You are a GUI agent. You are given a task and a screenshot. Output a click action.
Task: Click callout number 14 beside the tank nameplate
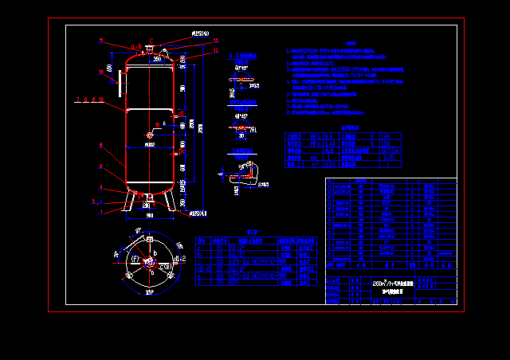coord(101,72)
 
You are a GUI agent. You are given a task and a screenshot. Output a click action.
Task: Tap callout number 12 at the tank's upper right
coord(215,50)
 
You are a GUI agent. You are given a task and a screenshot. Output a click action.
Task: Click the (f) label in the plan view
coord(134,259)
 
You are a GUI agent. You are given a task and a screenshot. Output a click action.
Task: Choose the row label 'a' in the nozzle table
coord(202,248)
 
